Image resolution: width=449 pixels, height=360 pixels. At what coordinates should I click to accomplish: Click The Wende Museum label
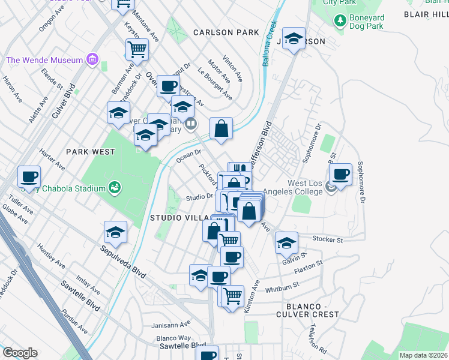pos(44,60)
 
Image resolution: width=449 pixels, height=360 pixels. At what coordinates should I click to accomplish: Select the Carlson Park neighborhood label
pos(226,32)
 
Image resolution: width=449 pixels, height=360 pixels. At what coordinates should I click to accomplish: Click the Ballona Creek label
pos(269,45)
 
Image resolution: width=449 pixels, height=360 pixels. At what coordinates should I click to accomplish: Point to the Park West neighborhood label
pos(91,152)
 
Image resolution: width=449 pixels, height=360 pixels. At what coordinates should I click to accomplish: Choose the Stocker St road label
pos(328,240)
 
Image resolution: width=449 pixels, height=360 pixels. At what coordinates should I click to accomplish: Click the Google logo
pos(20,353)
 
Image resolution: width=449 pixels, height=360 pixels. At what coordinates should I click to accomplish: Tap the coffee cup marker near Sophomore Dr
pos(340,175)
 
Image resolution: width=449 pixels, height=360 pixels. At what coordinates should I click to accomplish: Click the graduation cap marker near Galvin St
pos(286,243)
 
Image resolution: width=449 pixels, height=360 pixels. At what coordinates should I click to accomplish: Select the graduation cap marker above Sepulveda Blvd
pos(115,232)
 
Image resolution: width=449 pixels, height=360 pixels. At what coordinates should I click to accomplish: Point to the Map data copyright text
pos(423,355)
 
